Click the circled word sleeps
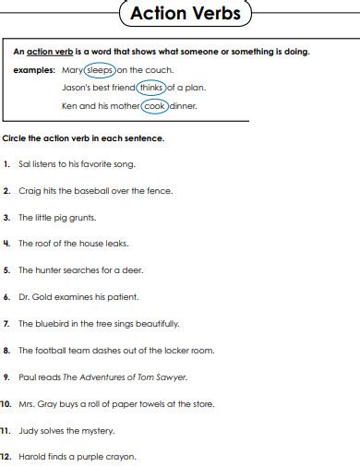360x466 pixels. tap(99, 70)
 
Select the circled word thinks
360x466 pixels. tap(151, 88)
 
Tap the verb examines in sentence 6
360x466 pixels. tap(72, 297)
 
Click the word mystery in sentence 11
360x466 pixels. tap(95, 431)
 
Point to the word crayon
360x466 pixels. tap(120, 457)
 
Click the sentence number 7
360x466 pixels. tap(6, 324)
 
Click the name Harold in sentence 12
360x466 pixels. tap(31, 457)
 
